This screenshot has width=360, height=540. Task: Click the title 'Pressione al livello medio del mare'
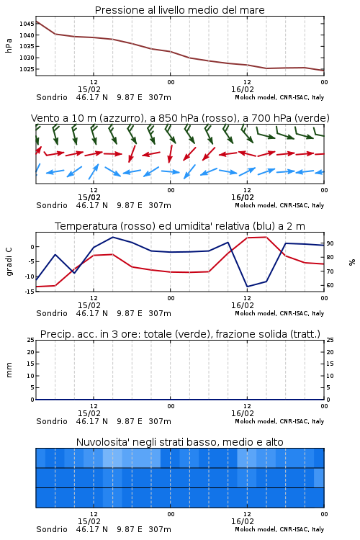pos(179,10)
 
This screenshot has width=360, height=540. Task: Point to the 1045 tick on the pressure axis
pos(27,24)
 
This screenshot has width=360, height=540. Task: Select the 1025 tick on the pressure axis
pos(27,69)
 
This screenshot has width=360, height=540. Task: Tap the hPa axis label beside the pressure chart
pos(9,45)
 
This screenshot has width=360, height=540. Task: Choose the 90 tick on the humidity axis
pos(330,243)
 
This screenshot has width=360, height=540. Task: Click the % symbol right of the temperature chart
pos(352,262)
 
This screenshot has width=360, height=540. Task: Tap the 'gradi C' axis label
pos(9,262)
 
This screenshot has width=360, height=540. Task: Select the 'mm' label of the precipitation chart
pos(9,370)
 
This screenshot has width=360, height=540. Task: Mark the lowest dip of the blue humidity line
pos(248,287)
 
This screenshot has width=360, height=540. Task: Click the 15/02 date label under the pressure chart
pos(89,89)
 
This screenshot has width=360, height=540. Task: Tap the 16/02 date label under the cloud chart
pos(243,521)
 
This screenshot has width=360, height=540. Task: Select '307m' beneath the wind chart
pos(160,205)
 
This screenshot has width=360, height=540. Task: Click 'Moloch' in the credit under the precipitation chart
pos(246,421)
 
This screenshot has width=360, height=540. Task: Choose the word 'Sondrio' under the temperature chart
pos(52,313)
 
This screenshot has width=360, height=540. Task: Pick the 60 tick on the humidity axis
pos(330,286)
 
